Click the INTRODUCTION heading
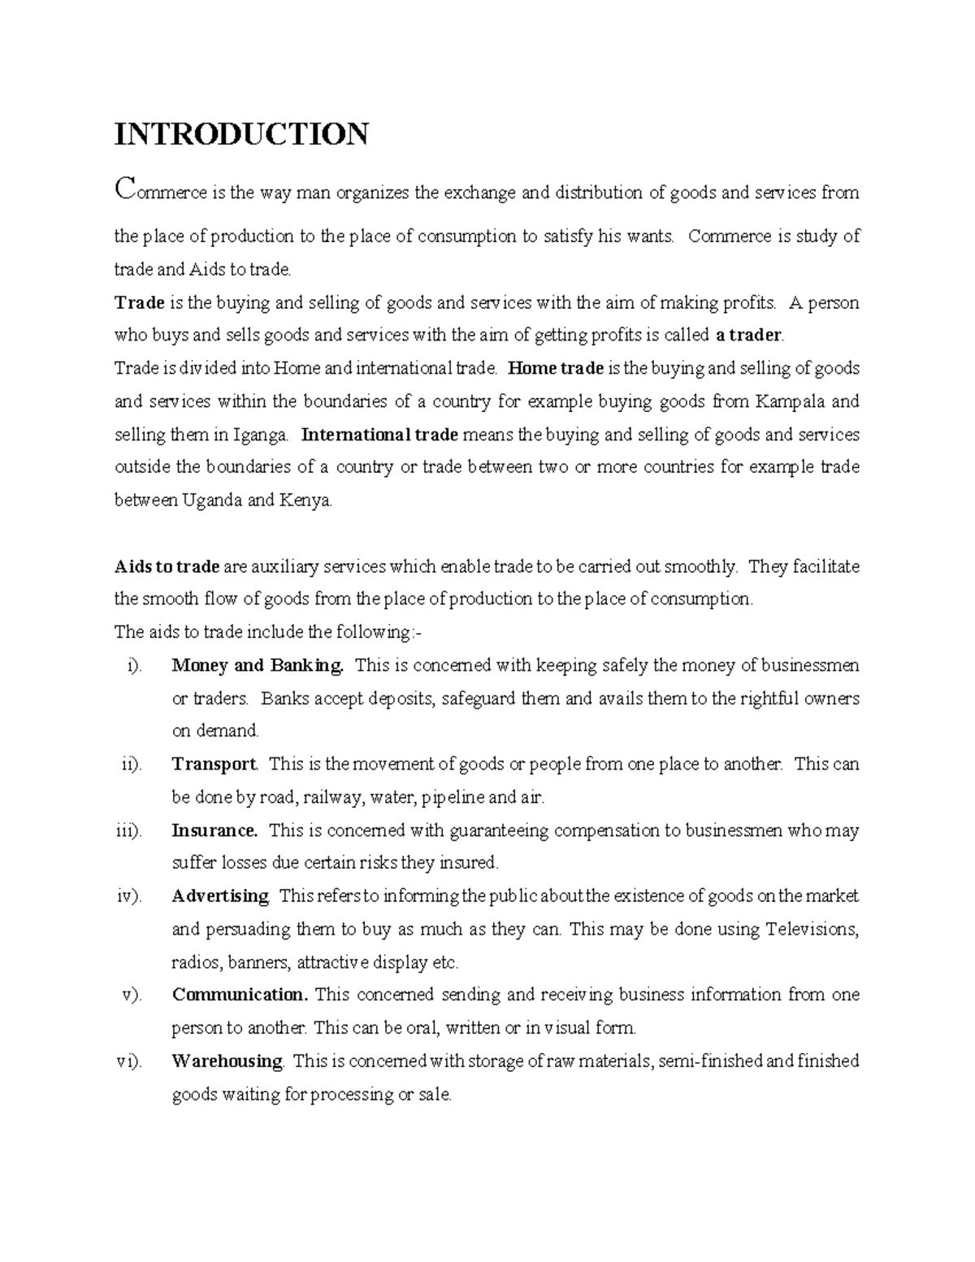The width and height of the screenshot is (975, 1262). click(241, 133)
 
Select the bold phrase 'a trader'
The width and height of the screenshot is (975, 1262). click(748, 335)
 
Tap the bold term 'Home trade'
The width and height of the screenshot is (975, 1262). click(556, 368)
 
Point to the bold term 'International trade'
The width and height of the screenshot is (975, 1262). click(379, 434)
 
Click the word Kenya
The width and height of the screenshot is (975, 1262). click(305, 501)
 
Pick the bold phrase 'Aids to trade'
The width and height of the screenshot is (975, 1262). click(167, 566)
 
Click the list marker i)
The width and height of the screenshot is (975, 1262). click(134, 666)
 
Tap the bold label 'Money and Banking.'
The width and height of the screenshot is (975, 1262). click(258, 666)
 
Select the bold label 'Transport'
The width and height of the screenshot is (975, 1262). click(214, 765)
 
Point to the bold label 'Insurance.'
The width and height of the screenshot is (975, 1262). click(214, 830)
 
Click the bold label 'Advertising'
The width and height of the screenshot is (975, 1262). click(220, 896)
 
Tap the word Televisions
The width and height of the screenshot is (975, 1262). click(812, 929)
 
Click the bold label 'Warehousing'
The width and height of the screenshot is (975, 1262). click(227, 1061)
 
